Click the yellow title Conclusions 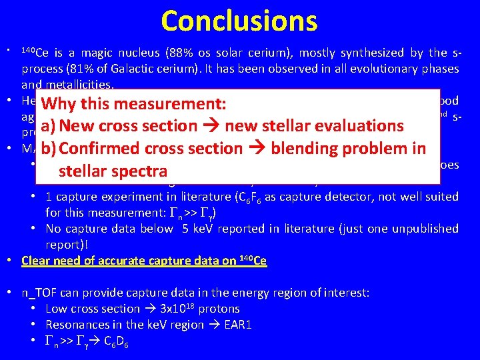(239, 21)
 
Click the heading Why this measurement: (133, 105)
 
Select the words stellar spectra (113, 171)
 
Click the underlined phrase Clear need (50, 261)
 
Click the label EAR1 (239, 325)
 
